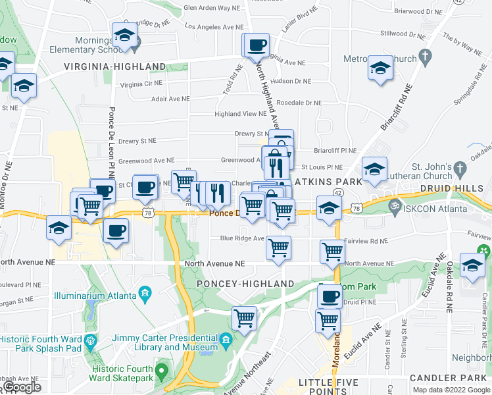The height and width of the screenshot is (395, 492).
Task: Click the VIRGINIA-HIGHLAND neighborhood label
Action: click(x=115, y=66)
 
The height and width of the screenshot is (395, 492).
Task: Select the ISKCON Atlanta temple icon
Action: click(x=394, y=205)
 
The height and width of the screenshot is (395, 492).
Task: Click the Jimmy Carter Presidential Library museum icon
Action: click(x=226, y=340)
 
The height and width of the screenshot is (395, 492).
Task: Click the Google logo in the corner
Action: click(x=22, y=387)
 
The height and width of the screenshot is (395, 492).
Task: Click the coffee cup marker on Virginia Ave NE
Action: click(x=257, y=45)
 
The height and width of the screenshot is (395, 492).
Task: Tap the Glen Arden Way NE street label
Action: click(x=203, y=8)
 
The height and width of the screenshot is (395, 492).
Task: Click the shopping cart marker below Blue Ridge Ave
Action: click(x=279, y=248)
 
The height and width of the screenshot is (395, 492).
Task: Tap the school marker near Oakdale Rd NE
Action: click(x=471, y=265)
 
